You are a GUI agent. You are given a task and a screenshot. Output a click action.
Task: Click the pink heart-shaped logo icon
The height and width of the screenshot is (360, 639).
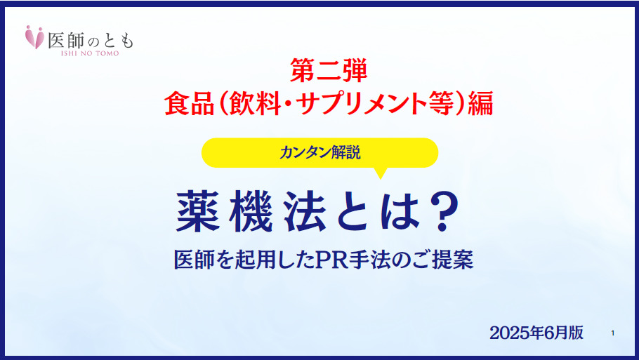pos(34,37)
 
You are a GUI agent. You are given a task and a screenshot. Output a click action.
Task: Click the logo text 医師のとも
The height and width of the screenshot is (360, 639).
pos(91,40)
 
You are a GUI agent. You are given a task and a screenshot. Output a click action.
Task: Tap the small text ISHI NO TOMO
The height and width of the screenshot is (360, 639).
pos(90,53)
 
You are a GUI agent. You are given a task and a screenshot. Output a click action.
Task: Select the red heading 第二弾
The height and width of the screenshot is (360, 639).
pos(329,70)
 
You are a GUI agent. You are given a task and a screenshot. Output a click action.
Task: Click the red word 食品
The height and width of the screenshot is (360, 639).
pos(190,103)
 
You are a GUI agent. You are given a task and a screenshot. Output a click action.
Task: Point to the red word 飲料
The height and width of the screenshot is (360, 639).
pos(256,103)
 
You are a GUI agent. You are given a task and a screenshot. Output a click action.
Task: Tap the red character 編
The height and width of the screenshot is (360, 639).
pos(481,103)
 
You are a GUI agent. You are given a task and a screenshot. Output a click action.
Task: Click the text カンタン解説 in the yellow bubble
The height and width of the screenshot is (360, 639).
pos(320,153)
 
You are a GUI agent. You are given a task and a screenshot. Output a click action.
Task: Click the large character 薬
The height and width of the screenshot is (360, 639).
pos(199,212)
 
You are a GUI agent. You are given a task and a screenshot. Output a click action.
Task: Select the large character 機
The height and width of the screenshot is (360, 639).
pos(251,212)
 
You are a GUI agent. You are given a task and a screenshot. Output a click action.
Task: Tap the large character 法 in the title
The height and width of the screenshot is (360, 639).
pos(305,212)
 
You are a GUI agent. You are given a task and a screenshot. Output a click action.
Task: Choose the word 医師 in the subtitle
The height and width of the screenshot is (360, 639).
pos(194,260)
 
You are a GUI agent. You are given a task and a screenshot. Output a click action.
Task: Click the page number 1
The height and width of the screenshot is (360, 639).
pos(612,333)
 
